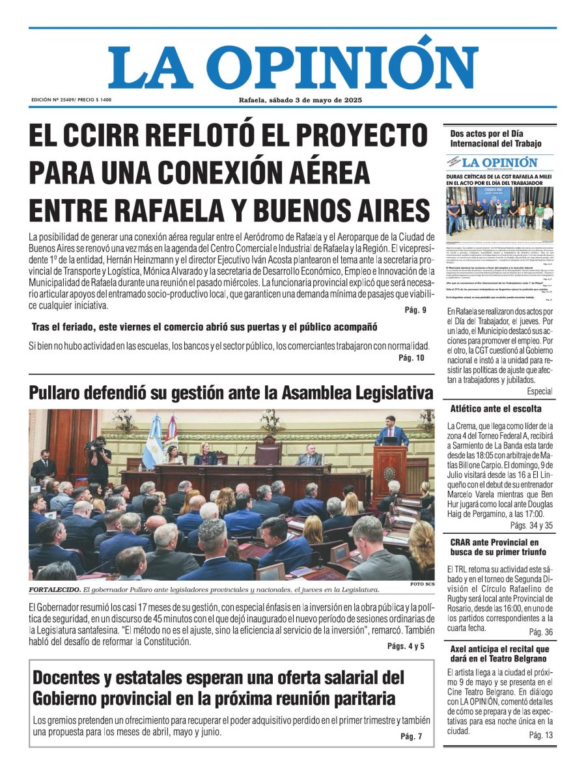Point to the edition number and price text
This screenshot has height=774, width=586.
(71, 100)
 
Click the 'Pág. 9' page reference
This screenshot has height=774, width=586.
(415, 311)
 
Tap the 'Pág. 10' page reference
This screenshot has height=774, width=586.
(412, 358)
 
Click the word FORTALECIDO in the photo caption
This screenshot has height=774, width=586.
(54, 590)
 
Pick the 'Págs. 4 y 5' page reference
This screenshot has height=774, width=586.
(406, 646)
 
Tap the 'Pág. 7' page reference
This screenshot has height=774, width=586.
(412, 736)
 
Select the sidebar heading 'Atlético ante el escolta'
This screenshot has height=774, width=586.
(495, 409)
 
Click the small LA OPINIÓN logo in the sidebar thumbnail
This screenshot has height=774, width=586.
(500, 163)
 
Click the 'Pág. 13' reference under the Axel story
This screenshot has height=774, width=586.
(540, 735)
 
